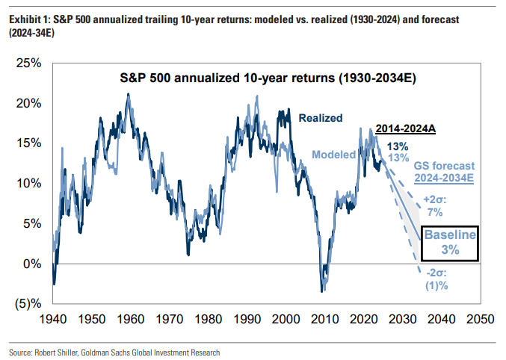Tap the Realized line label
(321, 118)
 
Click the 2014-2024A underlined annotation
(405, 128)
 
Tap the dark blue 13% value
(398, 146)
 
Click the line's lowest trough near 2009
(322, 291)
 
